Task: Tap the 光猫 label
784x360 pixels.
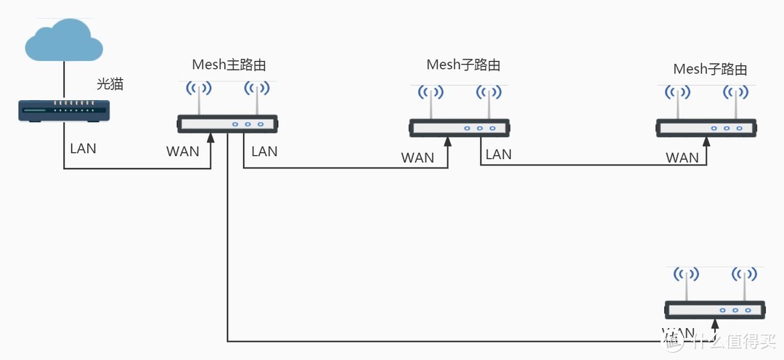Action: [110, 84]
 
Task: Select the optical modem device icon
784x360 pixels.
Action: [64, 111]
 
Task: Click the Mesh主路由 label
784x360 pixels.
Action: [229, 65]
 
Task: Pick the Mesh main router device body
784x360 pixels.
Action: [228, 124]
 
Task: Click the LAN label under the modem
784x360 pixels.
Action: [83, 149]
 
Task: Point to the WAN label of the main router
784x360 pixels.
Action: [183, 152]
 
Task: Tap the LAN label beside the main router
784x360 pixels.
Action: [264, 152]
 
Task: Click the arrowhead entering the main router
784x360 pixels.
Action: [211, 139]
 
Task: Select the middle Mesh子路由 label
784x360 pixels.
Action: [463, 65]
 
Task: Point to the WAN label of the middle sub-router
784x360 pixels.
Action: [417, 157]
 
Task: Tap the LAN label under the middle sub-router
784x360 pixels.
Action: [499, 154]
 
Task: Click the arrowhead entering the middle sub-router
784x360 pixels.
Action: [448, 142]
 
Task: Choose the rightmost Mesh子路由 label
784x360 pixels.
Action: [710, 70]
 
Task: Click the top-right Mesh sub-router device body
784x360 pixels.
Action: [707, 128]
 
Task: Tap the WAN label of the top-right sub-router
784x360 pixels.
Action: [682, 157]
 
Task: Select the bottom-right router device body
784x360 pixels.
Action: [715, 310]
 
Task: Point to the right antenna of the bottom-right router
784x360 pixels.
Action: [744, 284]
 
